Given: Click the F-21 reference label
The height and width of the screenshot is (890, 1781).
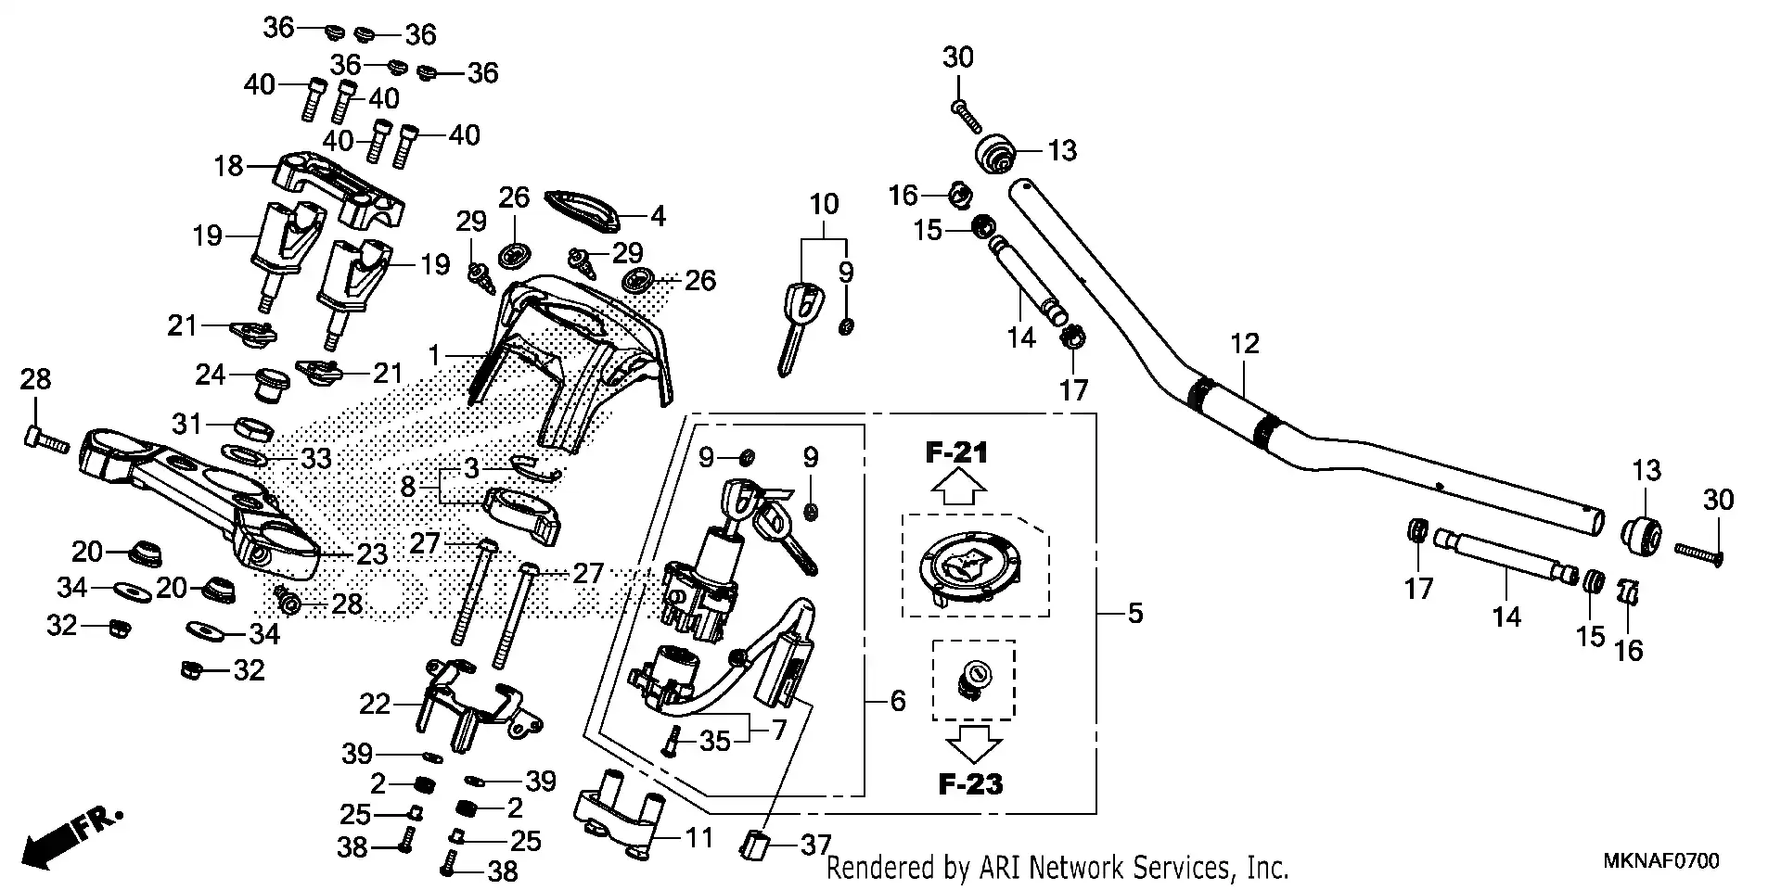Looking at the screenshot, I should [x=956, y=453].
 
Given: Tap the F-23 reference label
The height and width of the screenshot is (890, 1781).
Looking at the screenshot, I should [x=970, y=784].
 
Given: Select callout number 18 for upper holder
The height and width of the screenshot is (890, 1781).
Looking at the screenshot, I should [x=228, y=166].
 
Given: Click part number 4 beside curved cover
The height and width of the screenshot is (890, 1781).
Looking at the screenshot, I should [x=658, y=217].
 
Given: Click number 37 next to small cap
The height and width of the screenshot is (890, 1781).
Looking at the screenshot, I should [x=816, y=845].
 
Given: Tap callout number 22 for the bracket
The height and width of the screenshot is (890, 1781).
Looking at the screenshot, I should [x=375, y=705].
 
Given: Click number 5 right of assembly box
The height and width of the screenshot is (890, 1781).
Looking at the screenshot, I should [x=1135, y=614].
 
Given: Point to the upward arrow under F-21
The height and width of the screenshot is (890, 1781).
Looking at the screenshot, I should [x=957, y=488].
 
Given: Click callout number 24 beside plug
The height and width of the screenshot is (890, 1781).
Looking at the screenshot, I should [x=211, y=375].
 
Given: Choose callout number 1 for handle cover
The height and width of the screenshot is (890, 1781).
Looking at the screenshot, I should [x=433, y=355].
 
